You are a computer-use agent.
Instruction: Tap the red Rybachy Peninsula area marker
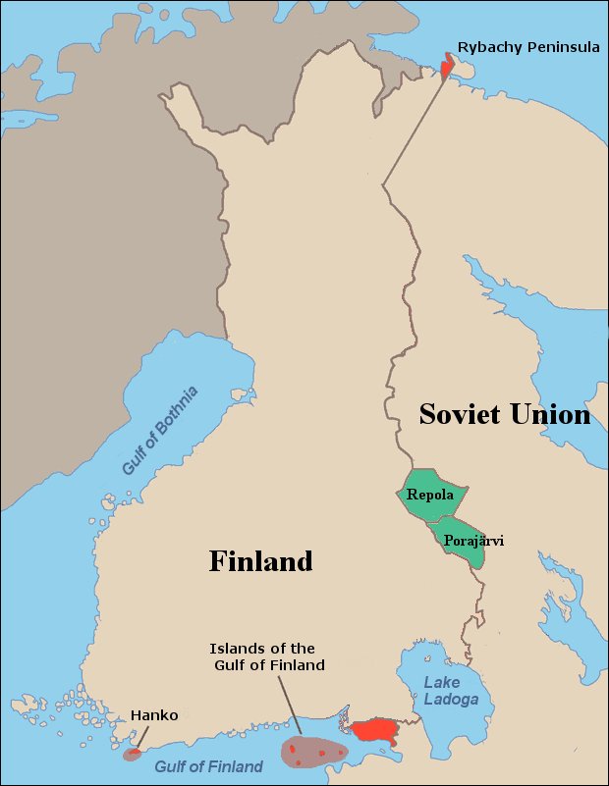click(448, 67)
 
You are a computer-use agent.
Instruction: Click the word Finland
click(260, 561)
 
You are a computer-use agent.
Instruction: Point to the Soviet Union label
click(504, 414)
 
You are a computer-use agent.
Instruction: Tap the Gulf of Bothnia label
click(160, 431)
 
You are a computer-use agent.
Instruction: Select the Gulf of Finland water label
click(208, 766)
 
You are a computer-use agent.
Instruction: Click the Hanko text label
click(154, 715)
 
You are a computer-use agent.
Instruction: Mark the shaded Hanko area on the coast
click(132, 755)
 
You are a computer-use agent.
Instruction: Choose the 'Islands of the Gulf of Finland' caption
click(262, 657)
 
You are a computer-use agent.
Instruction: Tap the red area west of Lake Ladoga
click(374, 731)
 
